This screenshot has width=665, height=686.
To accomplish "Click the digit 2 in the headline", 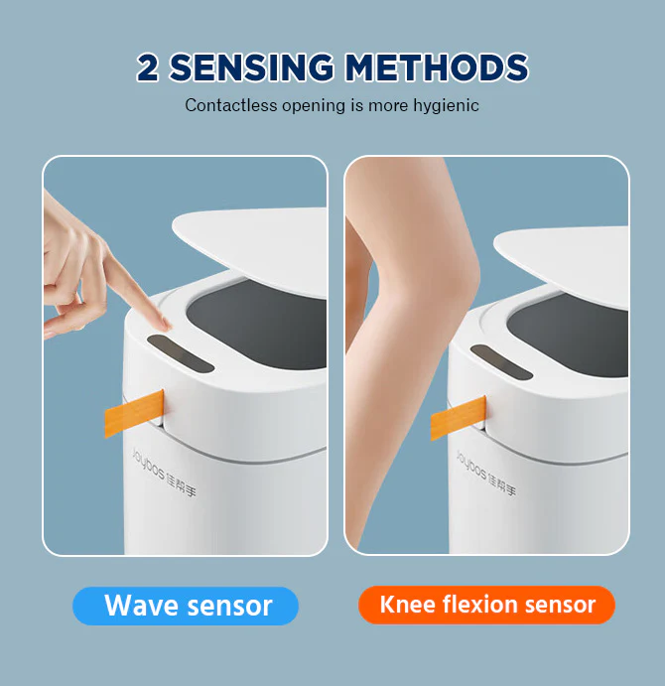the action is [147, 68].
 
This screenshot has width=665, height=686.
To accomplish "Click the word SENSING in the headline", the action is [251, 68].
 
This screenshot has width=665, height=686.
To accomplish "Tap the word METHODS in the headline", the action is [437, 68].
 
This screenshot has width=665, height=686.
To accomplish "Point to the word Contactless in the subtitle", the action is [231, 105].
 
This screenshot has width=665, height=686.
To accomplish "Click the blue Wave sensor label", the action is [186, 606].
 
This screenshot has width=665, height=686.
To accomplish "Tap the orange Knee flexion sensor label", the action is [486, 605].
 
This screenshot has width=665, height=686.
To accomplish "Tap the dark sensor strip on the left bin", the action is [181, 353].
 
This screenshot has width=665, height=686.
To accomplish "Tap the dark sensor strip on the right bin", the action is [501, 362].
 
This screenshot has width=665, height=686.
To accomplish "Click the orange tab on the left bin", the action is [134, 413].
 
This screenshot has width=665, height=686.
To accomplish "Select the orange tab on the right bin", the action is [459, 418].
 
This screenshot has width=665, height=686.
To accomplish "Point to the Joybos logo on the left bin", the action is [164, 473].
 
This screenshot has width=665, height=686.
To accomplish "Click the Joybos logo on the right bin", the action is [485, 473].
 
